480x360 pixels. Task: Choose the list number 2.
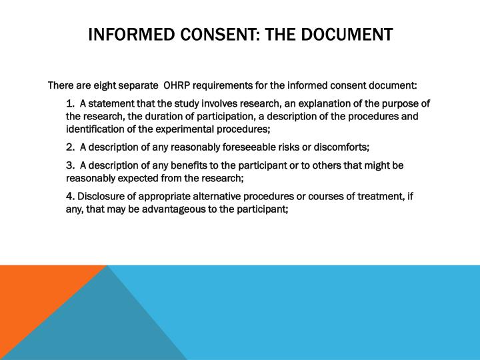tap(69, 147)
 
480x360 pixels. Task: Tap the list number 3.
tap(69, 165)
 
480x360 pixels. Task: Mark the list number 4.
tap(69, 196)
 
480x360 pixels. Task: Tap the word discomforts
tap(341, 147)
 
